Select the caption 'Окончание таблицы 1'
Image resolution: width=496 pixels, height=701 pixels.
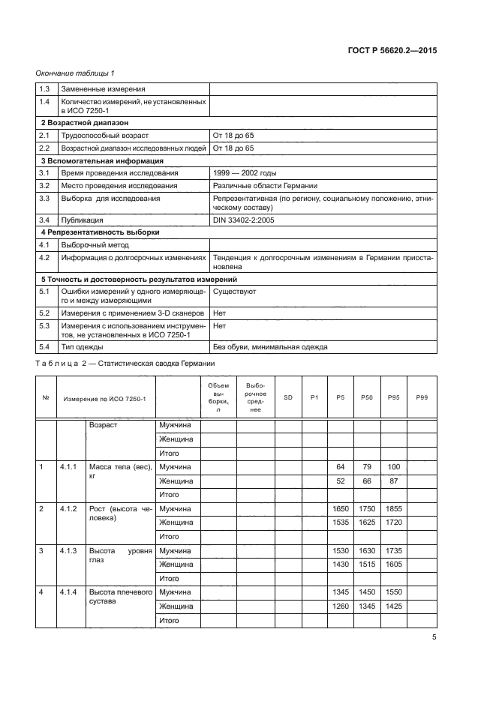click(75, 73)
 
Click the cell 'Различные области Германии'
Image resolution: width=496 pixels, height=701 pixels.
click(266, 185)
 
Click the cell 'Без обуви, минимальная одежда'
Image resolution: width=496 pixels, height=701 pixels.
click(270, 346)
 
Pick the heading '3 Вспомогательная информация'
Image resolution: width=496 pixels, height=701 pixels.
click(101, 160)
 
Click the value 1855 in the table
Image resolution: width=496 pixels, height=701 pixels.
click(393, 509)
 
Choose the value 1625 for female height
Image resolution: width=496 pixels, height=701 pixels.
click(366, 523)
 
